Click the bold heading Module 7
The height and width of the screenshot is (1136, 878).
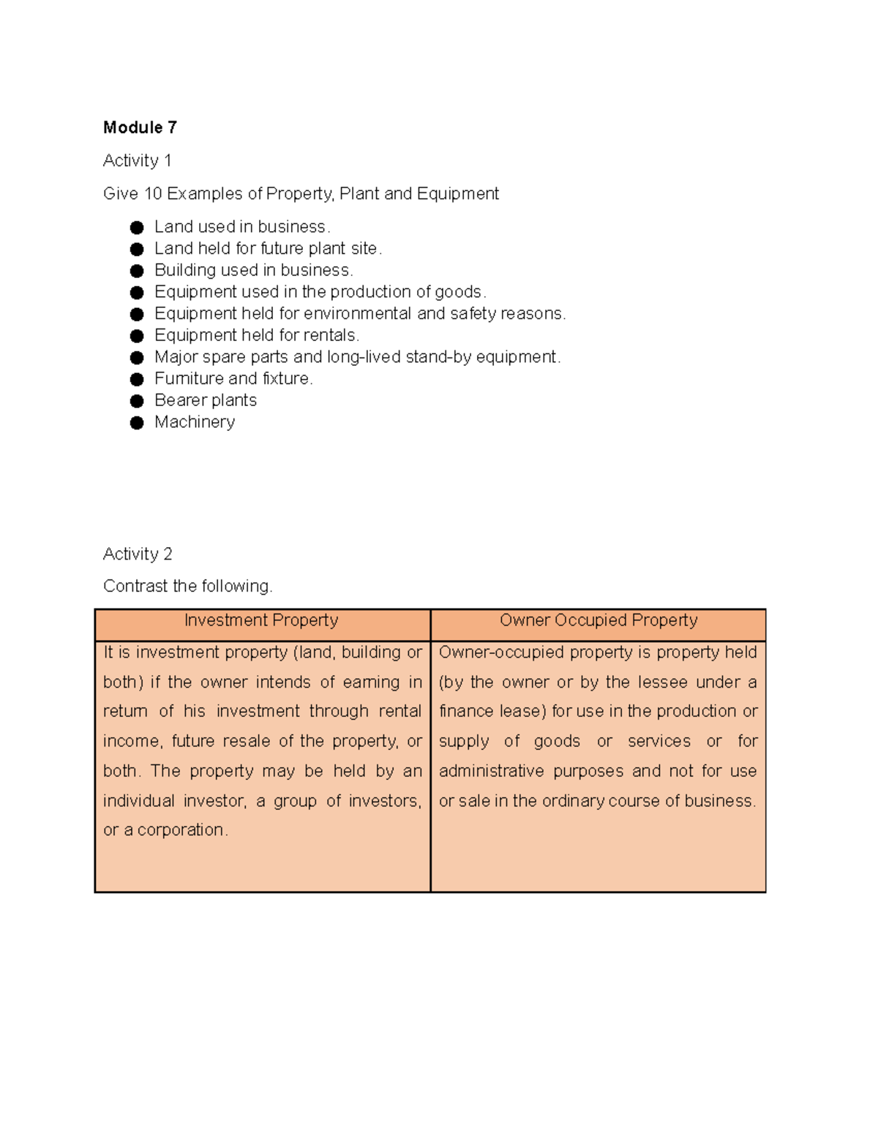coord(140,127)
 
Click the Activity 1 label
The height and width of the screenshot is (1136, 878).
coord(137,160)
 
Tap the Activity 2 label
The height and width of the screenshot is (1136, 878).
coord(138,554)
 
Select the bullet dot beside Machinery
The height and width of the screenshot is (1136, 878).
coord(137,423)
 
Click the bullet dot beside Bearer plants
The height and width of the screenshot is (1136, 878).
coord(137,401)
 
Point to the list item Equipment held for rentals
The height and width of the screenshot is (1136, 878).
coord(256,335)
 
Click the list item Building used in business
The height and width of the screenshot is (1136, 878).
coord(253,270)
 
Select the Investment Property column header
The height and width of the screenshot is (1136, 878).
coord(261,620)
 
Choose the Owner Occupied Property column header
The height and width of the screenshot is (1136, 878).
coord(598,620)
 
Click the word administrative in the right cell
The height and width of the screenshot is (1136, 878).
coord(491,771)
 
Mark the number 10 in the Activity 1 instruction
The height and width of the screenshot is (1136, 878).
coord(152,194)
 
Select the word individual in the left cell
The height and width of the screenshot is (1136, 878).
coord(139,801)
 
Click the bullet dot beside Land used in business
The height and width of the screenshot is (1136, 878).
coord(137,227)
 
